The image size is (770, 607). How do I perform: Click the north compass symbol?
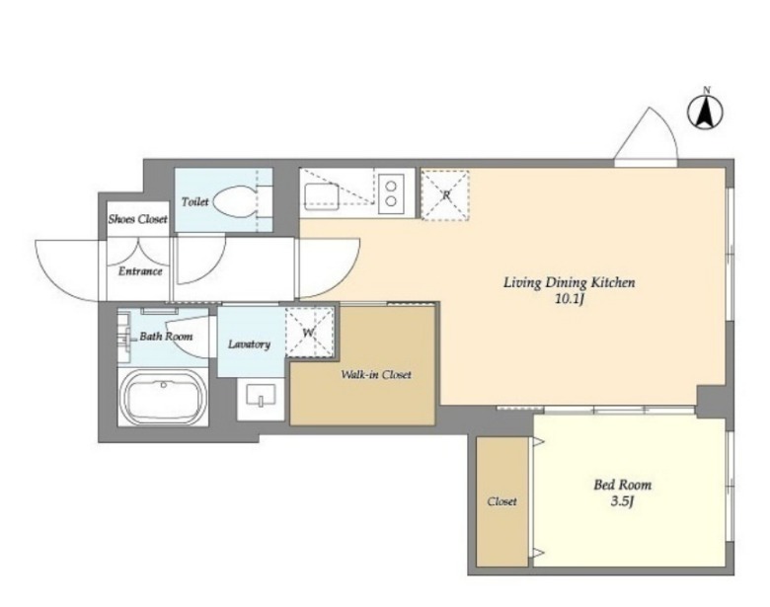click(706, 112)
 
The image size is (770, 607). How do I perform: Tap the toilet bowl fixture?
click(236, 202)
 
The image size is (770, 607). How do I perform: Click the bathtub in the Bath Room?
click(164, 396)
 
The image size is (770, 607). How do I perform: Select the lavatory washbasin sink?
click(261, 396)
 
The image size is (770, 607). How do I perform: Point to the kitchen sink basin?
click(321, 196)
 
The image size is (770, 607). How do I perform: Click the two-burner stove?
click(391, 193)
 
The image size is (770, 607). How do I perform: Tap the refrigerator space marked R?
click(445, 195)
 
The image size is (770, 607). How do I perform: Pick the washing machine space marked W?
click(310, 332)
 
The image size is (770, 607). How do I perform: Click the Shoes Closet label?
click(137, 219)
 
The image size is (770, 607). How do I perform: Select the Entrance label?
click(140, 271)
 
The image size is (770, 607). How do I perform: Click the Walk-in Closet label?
click(376, 375)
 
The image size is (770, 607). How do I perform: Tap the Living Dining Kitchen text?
click(570, 283)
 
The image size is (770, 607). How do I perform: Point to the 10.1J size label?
click(569, 299)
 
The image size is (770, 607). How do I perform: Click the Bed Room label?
click(623, 486)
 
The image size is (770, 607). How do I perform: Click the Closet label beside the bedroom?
click(501, 501)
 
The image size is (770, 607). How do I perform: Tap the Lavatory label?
click(250, 344)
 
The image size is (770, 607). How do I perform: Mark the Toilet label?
click(194, 201)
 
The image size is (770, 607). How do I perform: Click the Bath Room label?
click(166, 337)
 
